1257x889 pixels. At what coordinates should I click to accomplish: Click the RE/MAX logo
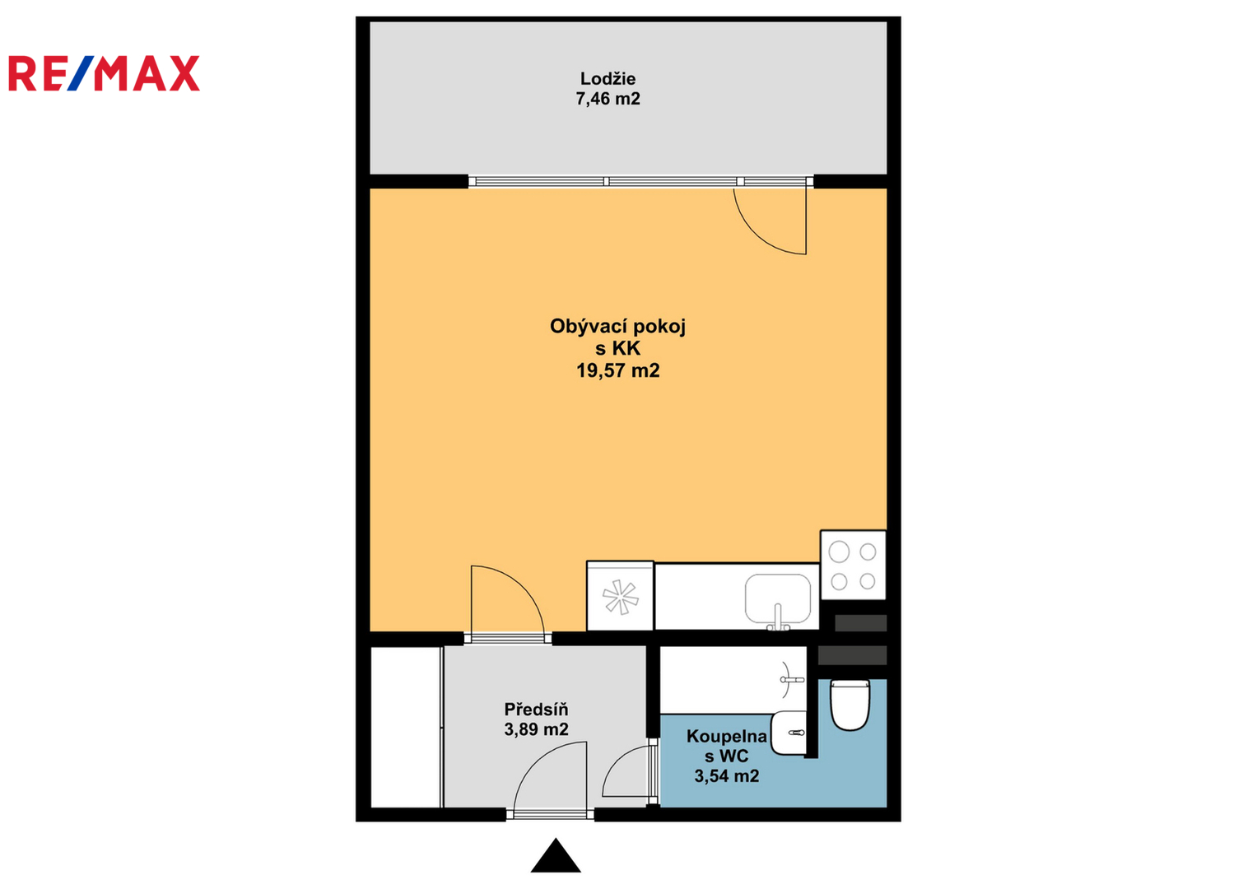pos(104,73)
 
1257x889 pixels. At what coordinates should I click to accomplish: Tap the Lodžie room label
pos(608,78)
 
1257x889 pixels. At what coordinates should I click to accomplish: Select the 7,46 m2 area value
pos(608,99)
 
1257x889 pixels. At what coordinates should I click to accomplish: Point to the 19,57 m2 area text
pos(618,371)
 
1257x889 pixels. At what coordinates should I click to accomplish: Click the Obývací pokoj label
pos(617,327)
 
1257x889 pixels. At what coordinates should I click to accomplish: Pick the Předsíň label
pos(536,710)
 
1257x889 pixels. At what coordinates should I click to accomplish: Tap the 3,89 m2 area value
pos(536,729)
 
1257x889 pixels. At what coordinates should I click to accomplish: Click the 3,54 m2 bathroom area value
pos(727,776)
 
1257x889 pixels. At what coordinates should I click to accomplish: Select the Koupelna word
pos(726,737)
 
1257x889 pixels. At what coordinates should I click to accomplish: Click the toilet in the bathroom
pos(850,705)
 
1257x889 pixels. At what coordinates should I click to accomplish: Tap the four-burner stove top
pos(853,566)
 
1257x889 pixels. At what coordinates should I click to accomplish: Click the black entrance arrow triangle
pos(556,857)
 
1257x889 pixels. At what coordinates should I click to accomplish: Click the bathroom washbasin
pos(789,733)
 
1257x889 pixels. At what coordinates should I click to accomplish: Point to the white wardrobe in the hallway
pos(406,728)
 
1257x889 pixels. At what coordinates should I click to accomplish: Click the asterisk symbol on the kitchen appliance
pos(620,597)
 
